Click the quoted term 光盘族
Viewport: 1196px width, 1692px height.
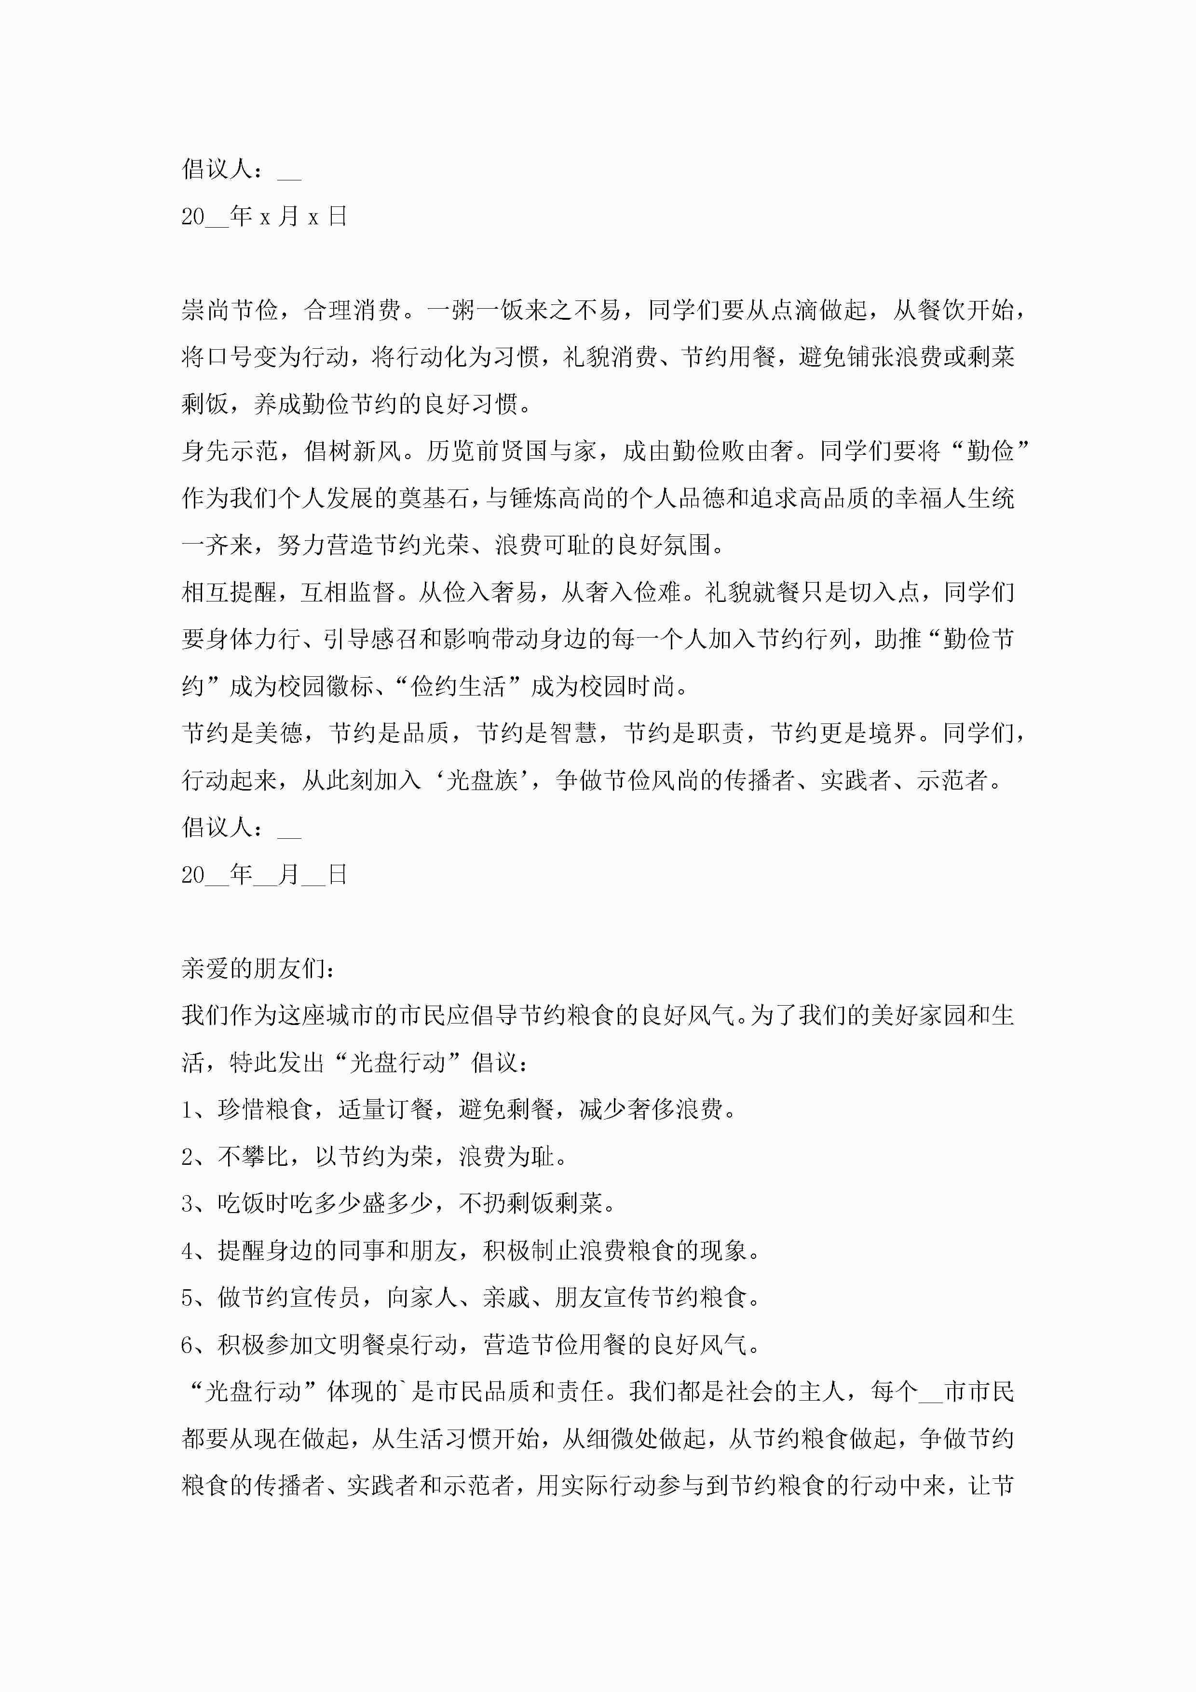tap(483, 780)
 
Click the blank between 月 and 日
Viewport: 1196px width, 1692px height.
tap(313, 875)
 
